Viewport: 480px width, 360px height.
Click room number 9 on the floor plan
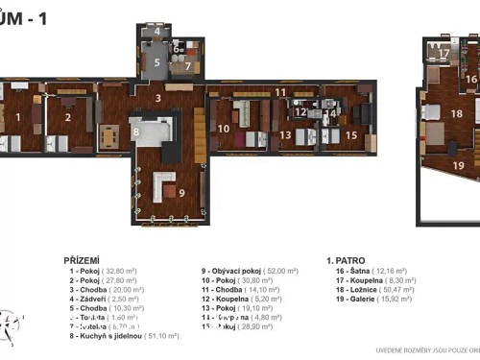(x=181, y=192)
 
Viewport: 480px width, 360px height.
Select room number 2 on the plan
(x=67, y=118)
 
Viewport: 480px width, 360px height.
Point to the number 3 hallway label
(x=157, y=98)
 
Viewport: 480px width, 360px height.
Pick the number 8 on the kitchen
(x=136, y=132)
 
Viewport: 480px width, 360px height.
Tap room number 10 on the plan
(x=223, y=128)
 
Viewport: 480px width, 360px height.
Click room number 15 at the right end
(x=351, y=135)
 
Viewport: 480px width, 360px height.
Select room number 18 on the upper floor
(x=457, y=113)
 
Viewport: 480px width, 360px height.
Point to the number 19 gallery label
(x=458, y=165)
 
